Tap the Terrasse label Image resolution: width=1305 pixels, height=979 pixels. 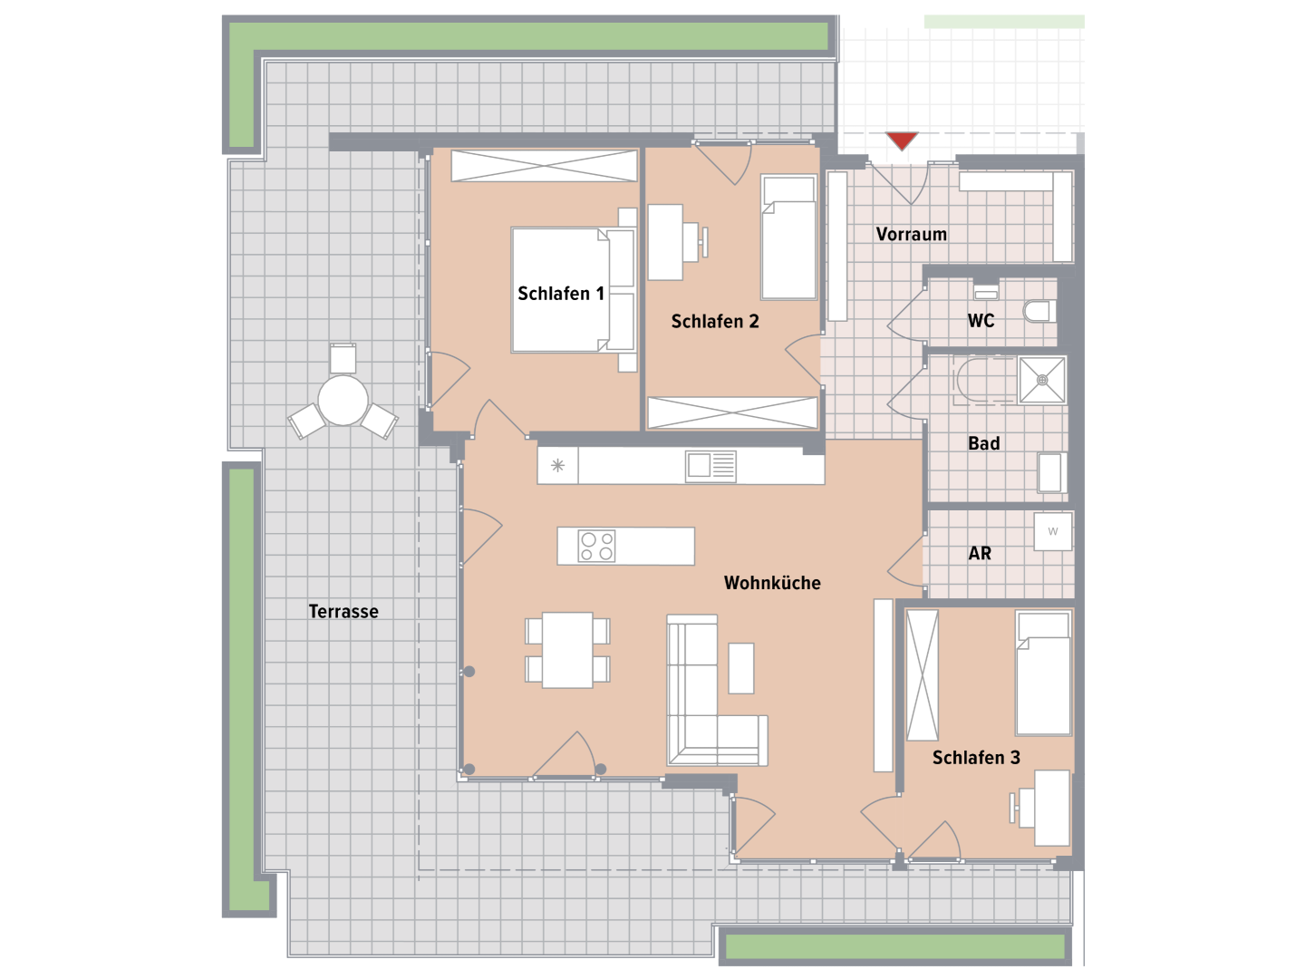coord(343,611)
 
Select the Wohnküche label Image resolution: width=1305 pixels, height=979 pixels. coord(772,583)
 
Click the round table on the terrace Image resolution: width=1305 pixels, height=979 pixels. coord(343,401)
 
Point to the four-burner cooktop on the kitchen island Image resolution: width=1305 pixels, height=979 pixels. coord(596,547)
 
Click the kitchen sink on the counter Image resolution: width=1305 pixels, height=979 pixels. coord(710,465)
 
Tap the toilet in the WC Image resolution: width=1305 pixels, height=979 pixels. coord(1039,312)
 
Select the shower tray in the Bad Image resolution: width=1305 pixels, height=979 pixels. coord(1042,380)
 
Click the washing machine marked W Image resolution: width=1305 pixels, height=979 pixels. coord(1053,531)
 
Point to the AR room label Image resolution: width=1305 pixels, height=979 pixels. coord(980,553)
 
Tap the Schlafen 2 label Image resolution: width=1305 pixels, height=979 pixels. coord(715,322)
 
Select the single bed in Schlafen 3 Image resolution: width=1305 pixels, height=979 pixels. coord(1043,674)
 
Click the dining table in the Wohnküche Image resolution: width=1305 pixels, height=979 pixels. coord(567,650)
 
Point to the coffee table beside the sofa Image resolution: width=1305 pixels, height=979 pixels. coord(740,668)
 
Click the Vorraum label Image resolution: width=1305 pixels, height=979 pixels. coord(912,234)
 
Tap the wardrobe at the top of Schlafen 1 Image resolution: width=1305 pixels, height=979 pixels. coord(544,166)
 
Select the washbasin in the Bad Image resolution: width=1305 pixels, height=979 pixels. coord(1050,473)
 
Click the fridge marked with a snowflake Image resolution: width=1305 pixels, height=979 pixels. coord(557,465)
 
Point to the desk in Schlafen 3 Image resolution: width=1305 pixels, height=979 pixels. coord(1052,808)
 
